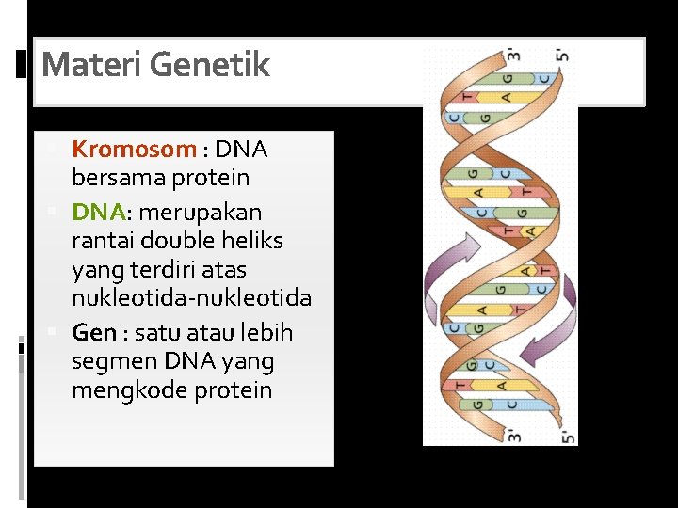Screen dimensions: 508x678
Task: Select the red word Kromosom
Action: (134, 149)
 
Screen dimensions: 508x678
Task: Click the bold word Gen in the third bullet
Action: (93, 333)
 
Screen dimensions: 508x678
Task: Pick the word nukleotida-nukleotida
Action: (191, 298)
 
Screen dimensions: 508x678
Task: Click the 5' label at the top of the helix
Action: (562, 54)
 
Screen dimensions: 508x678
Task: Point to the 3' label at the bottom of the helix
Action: (514, 435)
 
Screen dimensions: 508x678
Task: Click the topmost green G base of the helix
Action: (509, 79)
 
